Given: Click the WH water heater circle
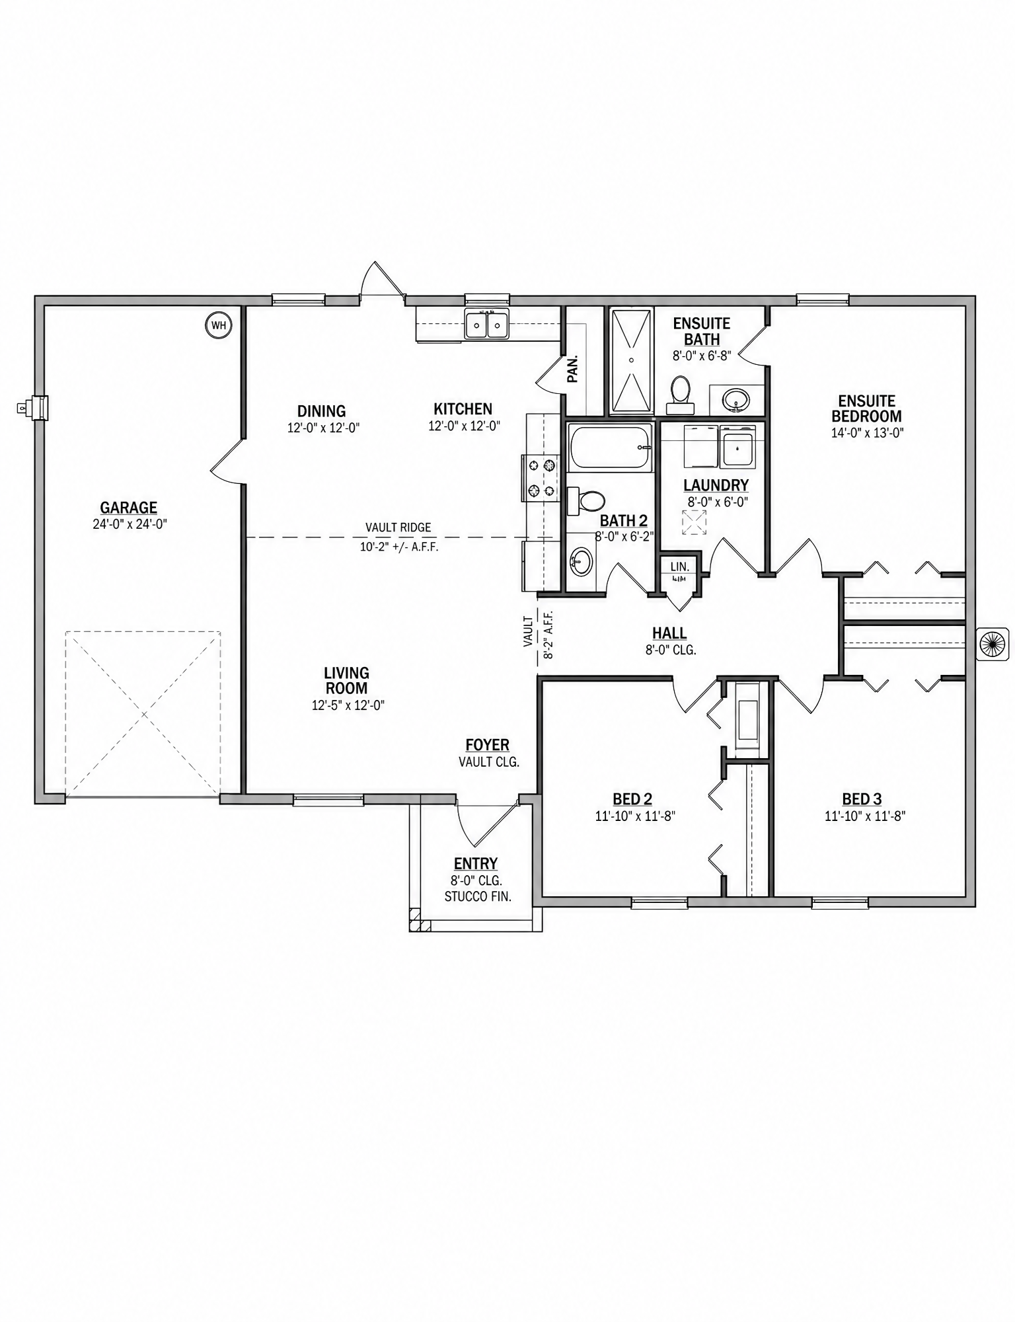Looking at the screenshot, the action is tap(219, 325).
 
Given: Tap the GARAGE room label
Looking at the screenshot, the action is tap(129, 508).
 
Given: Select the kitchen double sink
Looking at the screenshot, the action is tap(486, 324).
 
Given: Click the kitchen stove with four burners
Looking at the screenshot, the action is tap(540, 478).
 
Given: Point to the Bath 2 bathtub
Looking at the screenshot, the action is tap(610, 447).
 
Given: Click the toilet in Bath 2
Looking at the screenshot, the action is tap(585, 500).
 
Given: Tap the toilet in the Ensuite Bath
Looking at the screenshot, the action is tap(679, 389).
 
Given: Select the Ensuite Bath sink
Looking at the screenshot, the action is tap(735, 399).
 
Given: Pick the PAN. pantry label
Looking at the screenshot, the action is tap(573, 369).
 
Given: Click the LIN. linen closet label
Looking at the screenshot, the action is tap(679, 566).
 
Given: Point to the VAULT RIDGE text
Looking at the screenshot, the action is tap(398, 527).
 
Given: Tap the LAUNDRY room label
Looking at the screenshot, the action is tap(716, 486).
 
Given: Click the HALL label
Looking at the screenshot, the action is tap(670, 634).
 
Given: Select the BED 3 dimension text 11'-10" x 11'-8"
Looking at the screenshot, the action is tap(864, 816).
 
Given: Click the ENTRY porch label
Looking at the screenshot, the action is tap(476, 864).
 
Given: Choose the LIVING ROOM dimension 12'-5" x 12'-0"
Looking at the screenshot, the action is tap(348, 705).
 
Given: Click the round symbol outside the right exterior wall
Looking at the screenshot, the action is tap(993, 643).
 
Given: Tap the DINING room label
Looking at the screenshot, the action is tap(322, 411).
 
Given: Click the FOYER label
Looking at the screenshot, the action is tap(488, 746).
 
